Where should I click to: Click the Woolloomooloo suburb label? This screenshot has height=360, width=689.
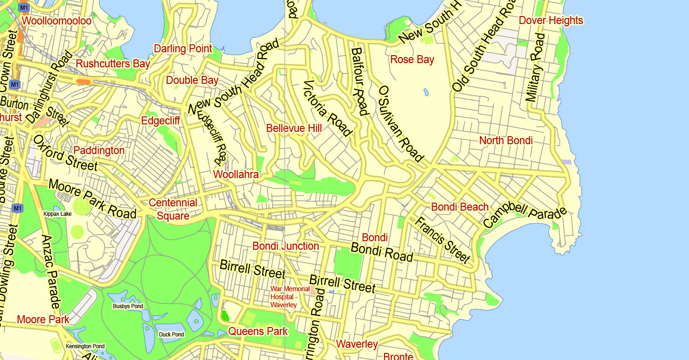(x=57, y=21)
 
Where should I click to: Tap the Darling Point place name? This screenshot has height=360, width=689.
(x=183, y=49)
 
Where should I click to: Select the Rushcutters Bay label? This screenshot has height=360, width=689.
(x=113, y=64)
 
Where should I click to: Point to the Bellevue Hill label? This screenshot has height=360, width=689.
(x=294, y=128)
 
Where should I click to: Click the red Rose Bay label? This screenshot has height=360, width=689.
(x=412, y=59)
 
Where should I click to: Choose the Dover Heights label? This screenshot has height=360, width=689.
(x=551, y=20)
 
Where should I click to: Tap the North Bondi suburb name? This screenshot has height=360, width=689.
(x=506, y=140)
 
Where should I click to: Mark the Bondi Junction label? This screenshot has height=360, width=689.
(x=286, y=246)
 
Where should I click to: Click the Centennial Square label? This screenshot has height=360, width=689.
(x=173, y=209)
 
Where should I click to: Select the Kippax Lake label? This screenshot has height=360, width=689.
(x=57, y=214)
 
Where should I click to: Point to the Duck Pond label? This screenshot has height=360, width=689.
(x=172, y=335)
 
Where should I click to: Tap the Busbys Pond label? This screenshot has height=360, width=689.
(x=128, y=306)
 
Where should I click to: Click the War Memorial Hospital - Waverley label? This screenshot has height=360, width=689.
(x=290, y=297)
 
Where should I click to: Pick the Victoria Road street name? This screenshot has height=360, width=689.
(x=328, y=108)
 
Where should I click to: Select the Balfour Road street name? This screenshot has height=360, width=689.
(x=359, y=81)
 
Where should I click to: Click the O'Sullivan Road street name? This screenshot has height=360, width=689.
(x=401, y=123)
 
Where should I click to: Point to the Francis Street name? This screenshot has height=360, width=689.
(x=443, y=239)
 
